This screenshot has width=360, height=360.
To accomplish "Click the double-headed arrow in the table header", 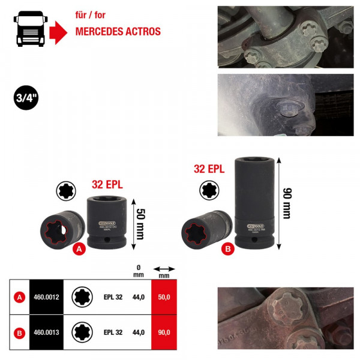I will [164, 269].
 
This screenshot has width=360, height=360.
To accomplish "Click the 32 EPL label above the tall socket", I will [209, 169].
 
